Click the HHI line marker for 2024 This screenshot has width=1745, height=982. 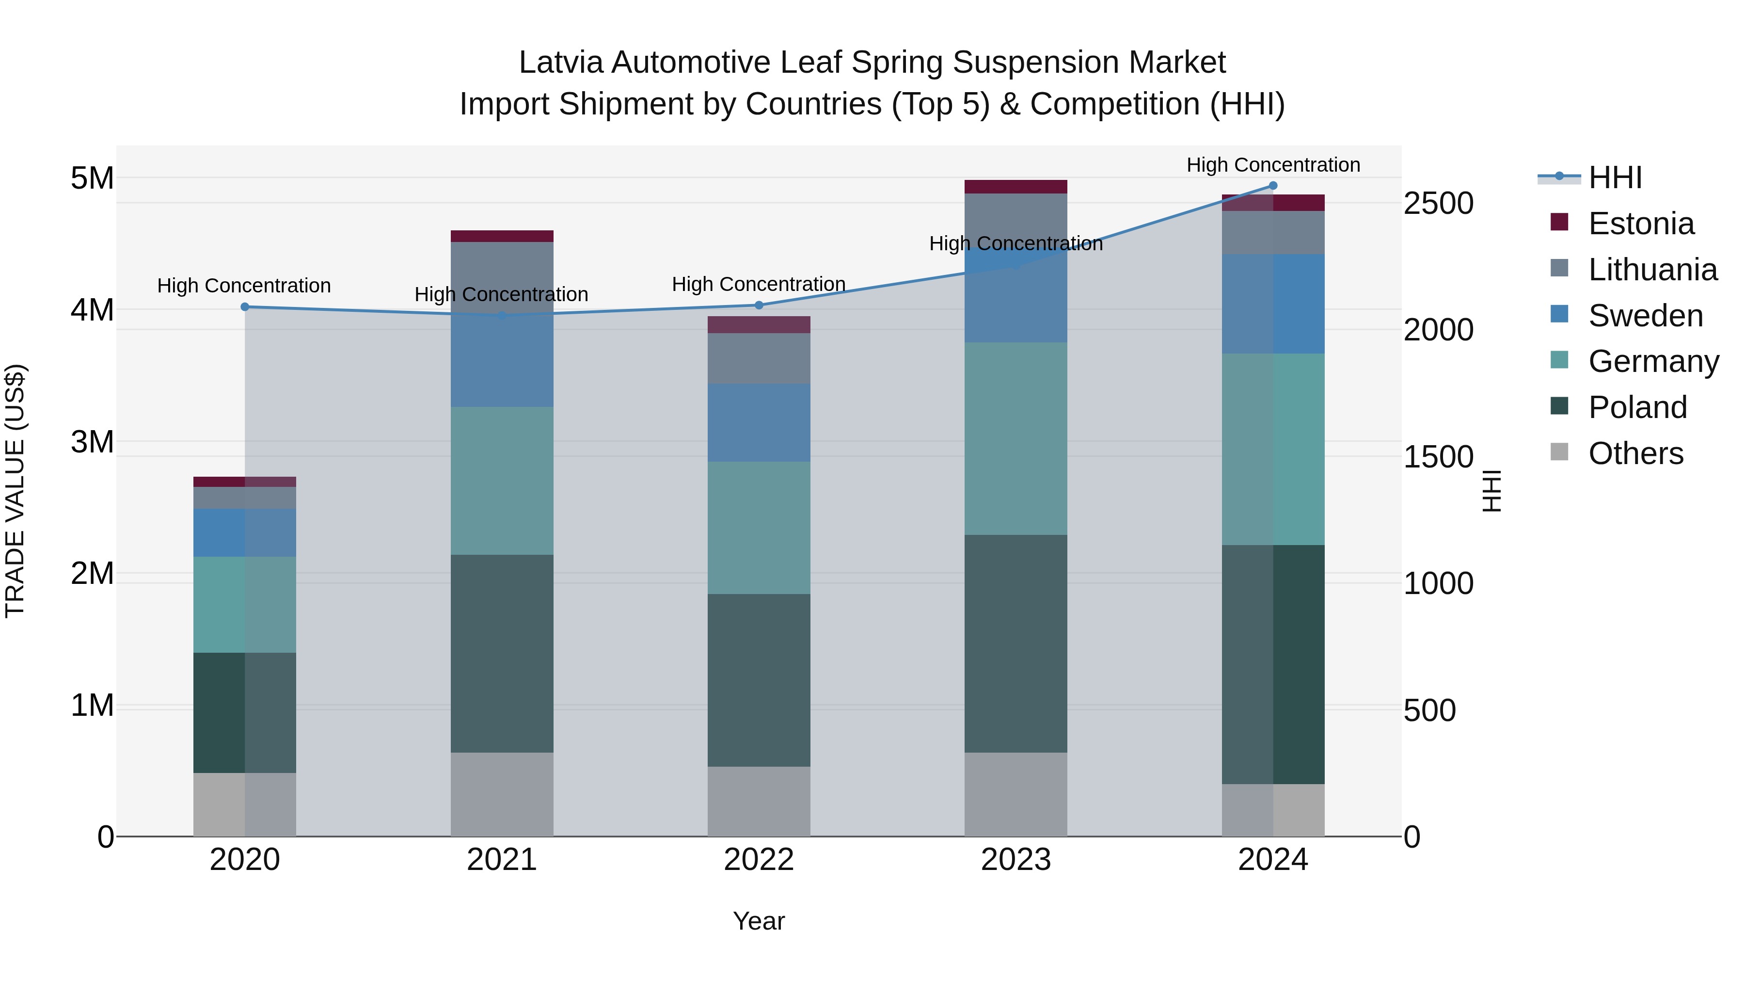pos(1273,186)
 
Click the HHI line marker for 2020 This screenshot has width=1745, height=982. pos(245,307)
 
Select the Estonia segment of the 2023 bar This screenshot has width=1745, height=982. pos(1015,187)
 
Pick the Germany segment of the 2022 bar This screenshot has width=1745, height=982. pos(759,528)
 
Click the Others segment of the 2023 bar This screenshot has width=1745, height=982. pos(1015,794)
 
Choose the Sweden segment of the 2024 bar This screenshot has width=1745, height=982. pos(1273,304)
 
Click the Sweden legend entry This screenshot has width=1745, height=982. pos(1645,316)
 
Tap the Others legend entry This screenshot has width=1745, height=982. pos(1635,453)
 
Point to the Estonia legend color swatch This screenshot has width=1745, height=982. pos(1559,222)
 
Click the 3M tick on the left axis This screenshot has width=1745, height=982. pos(92,442)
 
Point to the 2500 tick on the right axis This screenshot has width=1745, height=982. pos(1438,203)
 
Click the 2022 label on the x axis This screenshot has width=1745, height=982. pos(759,860)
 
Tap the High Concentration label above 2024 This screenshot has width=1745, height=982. pos(1273,165)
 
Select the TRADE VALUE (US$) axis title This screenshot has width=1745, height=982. pos(15,491)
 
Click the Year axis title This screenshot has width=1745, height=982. pos(759,921)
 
